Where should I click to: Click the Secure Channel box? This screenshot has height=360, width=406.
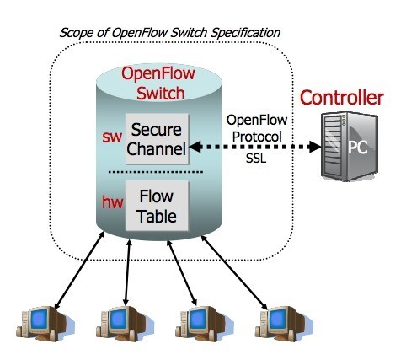157,138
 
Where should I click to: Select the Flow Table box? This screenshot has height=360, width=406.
157,206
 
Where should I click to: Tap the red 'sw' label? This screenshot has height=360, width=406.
112,137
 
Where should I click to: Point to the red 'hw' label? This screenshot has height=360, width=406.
112,202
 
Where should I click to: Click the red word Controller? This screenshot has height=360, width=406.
342,98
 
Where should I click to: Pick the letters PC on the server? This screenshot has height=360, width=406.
357,147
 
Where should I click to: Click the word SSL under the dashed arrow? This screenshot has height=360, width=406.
256,159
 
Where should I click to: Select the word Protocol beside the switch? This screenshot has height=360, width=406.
257,137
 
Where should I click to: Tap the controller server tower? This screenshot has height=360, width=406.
350,146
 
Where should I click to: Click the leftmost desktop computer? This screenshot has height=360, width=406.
45,324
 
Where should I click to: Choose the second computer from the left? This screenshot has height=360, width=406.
125,324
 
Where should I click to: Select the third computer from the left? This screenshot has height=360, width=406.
204,324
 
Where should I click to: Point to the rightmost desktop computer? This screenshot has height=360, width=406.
284,324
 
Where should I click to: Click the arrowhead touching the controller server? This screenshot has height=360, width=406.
315,147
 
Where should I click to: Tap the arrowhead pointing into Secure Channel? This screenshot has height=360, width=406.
195,147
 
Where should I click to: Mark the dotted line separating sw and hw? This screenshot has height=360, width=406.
156,172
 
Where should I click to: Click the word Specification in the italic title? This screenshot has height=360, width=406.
246,33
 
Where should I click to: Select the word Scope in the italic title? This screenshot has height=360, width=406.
76,33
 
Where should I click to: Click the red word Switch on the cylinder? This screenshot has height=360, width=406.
161,94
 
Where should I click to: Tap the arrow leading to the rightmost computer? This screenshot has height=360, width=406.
234,272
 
